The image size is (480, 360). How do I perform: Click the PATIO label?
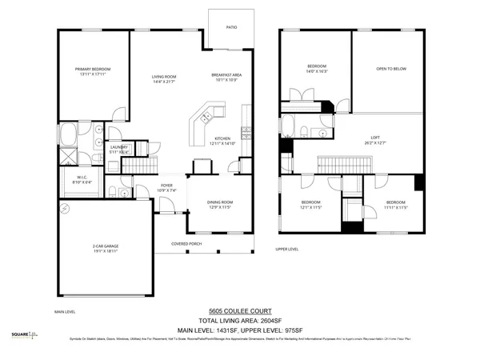231,28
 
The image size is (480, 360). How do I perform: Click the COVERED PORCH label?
186,243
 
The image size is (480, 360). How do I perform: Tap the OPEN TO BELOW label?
391,69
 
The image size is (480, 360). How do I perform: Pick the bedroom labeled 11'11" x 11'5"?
396,205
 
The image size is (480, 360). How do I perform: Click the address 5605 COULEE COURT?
239,310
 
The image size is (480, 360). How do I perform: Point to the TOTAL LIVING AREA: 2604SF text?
239,319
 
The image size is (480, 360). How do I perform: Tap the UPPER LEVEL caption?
287,249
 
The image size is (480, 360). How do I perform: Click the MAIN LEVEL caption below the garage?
65,311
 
